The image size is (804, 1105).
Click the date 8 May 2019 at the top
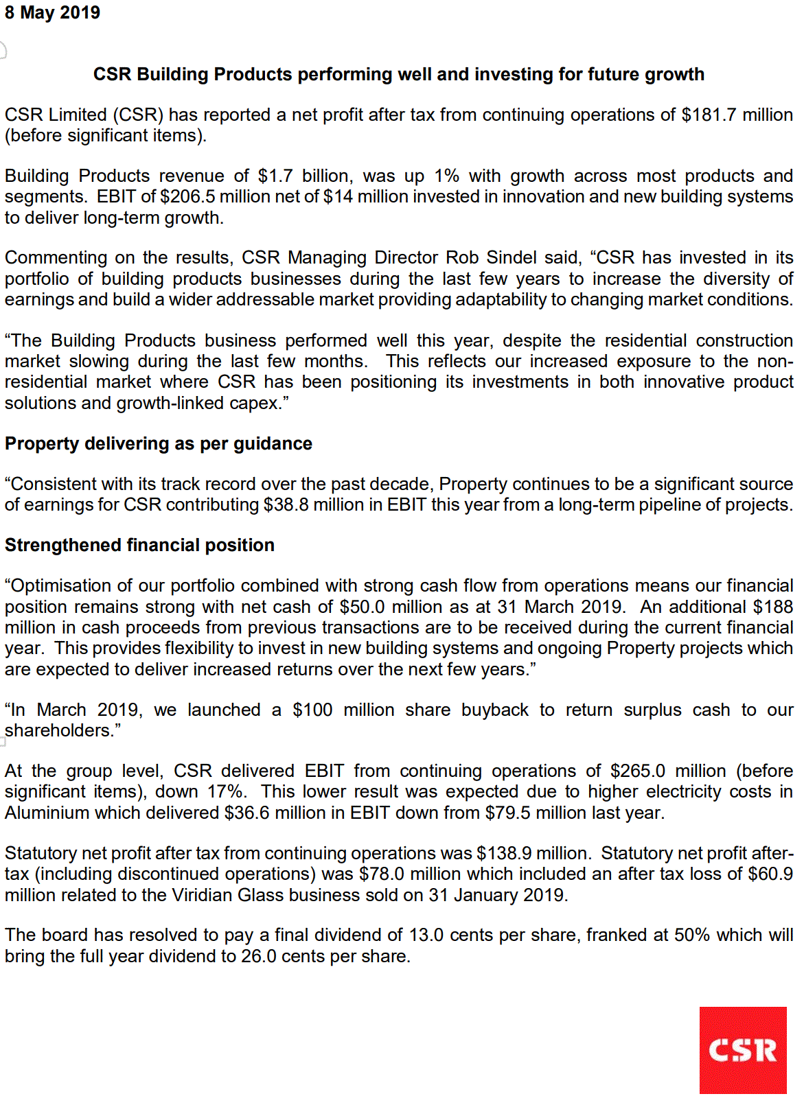52,13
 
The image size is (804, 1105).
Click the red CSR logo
742,1049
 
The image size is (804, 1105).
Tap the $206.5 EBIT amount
187,196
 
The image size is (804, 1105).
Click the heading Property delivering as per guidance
159,443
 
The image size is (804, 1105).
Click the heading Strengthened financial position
139,545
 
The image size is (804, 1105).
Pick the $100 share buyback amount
312,710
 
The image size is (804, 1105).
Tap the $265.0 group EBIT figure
638,771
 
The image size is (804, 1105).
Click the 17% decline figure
226,791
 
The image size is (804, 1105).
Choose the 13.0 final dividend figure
426,935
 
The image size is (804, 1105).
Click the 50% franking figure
692,935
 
